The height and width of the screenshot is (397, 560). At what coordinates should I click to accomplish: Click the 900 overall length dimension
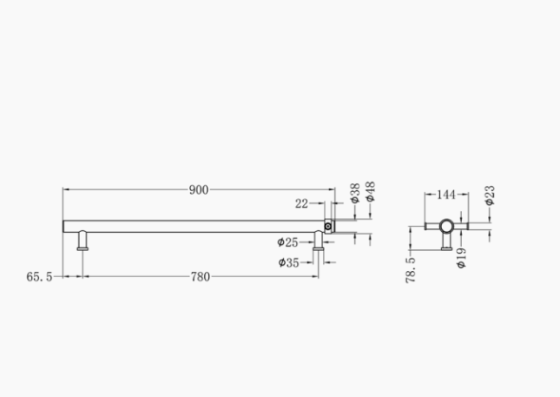click(x=199, y=189)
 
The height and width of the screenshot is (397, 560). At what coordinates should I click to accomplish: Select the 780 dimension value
click(x=201, y=276)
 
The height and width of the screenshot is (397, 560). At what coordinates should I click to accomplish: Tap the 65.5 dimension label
click(x=39, y=276)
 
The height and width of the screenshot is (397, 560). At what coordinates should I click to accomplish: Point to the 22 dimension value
click(x=301, y=203)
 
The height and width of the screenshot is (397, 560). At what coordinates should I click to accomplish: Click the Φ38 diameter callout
click(x=355, y=194)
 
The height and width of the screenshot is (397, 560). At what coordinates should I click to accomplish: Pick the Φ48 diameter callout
click(x=371, y=191)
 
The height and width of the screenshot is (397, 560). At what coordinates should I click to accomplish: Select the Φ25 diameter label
click(x=287, y=242)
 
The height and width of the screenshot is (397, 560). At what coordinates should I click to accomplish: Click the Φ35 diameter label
click(x=288, y=262)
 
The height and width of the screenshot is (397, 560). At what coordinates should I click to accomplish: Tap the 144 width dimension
click(x=446, y=195)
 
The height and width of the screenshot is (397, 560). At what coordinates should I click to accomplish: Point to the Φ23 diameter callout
click(x=490, y=195)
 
